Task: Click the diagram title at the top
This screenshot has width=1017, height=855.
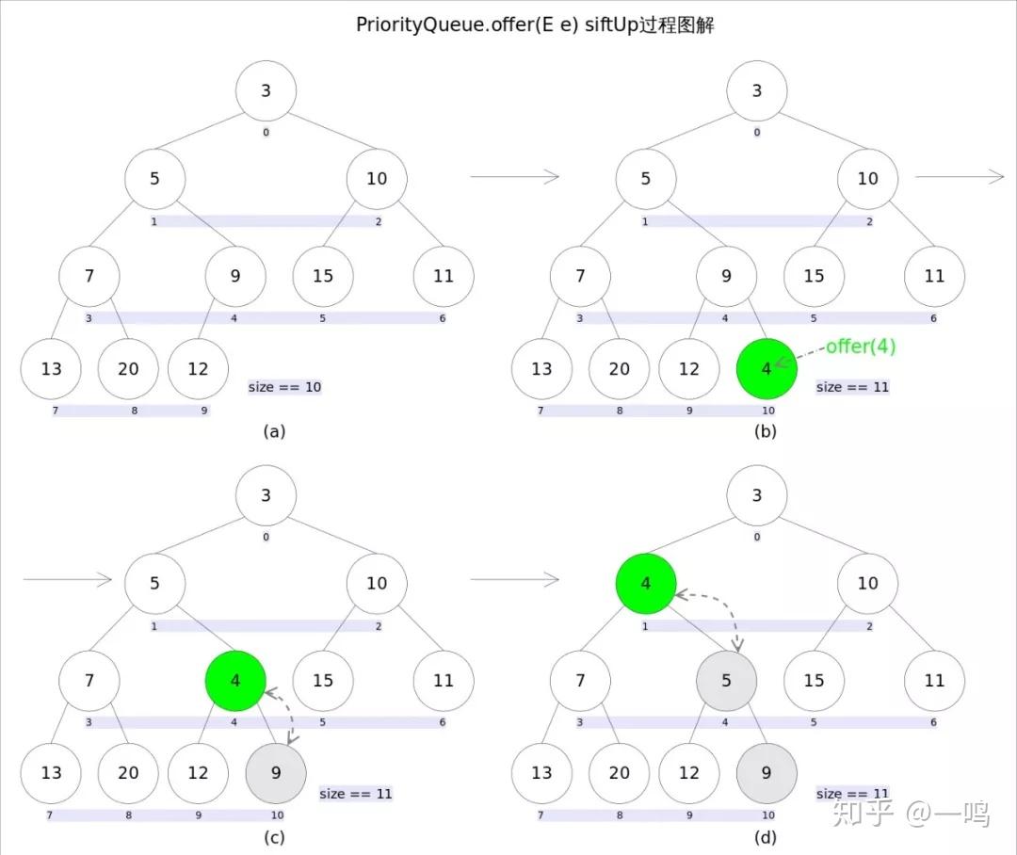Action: [x=535, y=25]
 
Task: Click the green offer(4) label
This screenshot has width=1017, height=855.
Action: [x=861, y=347]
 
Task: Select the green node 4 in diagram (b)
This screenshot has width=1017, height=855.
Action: [x=767, y=368]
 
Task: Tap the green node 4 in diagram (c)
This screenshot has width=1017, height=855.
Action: [x=235, y=680]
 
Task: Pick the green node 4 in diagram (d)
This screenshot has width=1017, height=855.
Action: [x=645, y=584]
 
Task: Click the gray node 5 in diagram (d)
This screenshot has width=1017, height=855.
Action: [x=726, y=680]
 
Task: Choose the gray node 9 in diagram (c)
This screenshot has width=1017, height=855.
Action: [x=276, y=773]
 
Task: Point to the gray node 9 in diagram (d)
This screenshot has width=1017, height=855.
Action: [x=767, y=773]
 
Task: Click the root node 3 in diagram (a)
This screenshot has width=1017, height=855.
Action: [x=266, y=91]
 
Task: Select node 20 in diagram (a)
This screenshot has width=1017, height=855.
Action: [x=128, y=368]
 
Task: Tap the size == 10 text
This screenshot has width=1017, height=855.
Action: [x=284, y=387]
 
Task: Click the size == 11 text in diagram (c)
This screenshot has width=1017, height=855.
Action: [x=356, y=794]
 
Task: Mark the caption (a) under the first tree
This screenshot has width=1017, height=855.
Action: [x=274, y=432]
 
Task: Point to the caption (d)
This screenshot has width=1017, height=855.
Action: [x=765, y=836]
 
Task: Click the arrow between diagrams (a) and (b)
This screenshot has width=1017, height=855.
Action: [x=514, y=176]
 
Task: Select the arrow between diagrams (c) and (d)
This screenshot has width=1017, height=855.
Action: [x=514, y=580]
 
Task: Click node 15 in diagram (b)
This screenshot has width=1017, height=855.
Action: [x=814, y=276]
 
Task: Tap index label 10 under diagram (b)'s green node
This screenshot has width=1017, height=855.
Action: [x=768, y=411]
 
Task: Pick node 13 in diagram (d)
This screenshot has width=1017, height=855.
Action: [x=541, y=773]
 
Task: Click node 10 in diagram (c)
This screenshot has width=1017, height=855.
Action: [x=377, y=584]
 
